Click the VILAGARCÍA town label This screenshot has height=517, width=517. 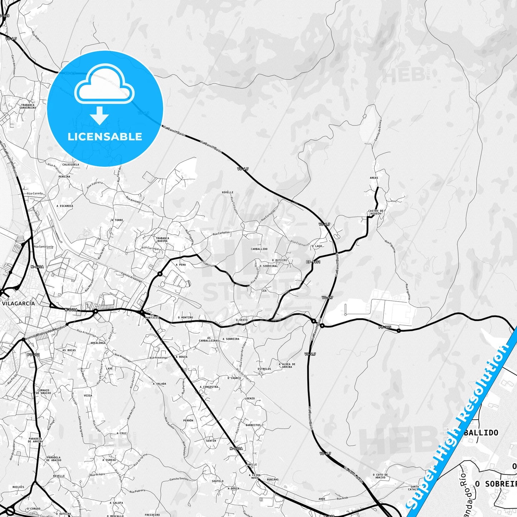19,303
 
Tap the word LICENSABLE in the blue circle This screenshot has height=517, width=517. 105,137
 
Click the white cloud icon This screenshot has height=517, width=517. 104,84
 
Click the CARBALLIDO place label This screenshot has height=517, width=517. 259,249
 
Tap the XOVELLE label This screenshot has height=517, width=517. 228,192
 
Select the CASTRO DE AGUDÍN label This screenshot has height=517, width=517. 375,212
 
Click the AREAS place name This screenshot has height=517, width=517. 374,178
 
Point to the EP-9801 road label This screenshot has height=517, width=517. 313,262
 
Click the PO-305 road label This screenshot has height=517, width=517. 385,327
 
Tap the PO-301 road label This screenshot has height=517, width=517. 33,355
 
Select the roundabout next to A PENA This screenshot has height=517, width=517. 160,274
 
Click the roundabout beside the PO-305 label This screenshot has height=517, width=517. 399,331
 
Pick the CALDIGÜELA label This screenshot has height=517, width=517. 71,165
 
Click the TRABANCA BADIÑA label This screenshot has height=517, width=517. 162,239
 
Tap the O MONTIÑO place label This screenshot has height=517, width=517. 185,317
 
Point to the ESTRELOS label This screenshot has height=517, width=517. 264,369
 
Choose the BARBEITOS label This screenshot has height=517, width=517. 253,425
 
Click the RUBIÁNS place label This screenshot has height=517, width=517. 273,480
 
